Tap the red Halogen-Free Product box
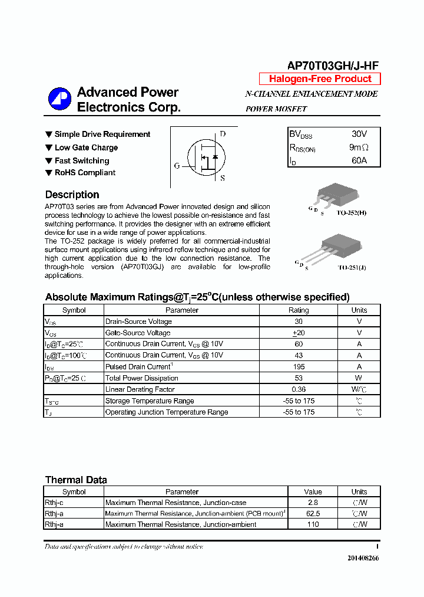coord(320,79)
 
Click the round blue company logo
coord(59,99)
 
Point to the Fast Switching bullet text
coord(82,160)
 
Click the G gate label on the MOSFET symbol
coord(177,166)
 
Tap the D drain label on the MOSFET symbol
coord(223,134)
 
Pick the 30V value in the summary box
coord(359,135)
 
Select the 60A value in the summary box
coord(359,160)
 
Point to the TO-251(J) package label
coord(352,267)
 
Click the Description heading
coord(72,195)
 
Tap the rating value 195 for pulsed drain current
coord(298,367)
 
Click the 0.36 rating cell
coord(298,389)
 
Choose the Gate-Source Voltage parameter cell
coord(138,333)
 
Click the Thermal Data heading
coord(76,480)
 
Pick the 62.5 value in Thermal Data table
coord(313,514)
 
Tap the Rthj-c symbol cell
coord(54,503)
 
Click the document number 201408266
coord(363,558)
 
